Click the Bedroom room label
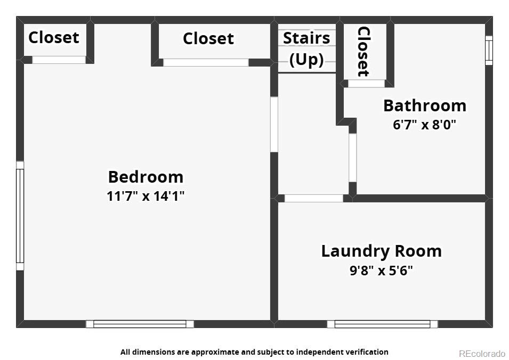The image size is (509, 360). tap(146, 177)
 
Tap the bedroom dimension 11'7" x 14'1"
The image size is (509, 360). tap(146, 196)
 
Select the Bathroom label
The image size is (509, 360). tap(425, 106)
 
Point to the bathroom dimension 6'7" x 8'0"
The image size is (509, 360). tap(425, 124)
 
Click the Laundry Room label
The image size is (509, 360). tap(382, 251)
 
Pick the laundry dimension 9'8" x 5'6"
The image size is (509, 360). tap(382, 270)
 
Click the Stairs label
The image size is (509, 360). tap(306, 38)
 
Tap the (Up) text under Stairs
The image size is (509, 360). tap(306, 59)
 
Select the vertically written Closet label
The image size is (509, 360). tap(363, 52)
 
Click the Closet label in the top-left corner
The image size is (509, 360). tap(54, 38)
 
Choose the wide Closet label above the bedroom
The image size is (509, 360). tap(208, 38)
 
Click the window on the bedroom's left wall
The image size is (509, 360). tap(20, 216)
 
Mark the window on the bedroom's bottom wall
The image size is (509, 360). tap(140, 324)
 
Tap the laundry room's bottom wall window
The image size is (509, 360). tap(382, 324)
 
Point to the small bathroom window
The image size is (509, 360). tap(489, 50)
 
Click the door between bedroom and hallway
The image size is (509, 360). tap(274, 124)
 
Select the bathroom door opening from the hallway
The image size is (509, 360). tap(352, 158)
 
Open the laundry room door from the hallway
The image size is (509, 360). tap(314, 198)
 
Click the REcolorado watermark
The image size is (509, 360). tap(482, 353)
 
